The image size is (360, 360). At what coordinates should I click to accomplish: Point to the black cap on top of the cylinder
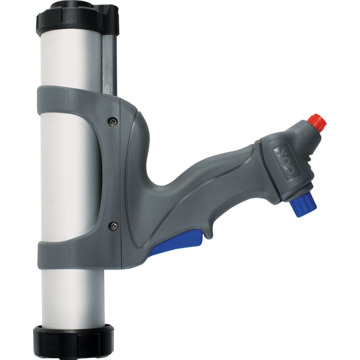70,17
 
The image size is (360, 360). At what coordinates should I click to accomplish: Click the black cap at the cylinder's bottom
71,336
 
